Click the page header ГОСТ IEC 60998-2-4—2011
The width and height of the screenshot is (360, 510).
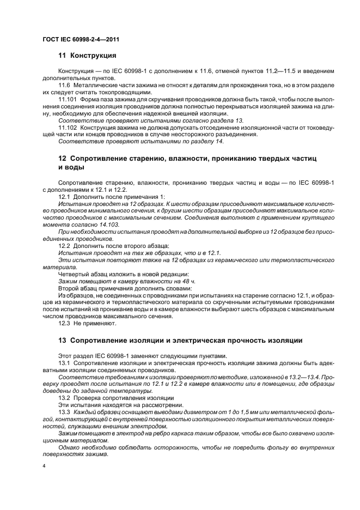[x=81, y=40]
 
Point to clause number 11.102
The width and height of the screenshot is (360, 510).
[x=67, y=127]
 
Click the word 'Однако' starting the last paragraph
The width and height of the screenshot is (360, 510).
[x=71, y=446]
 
